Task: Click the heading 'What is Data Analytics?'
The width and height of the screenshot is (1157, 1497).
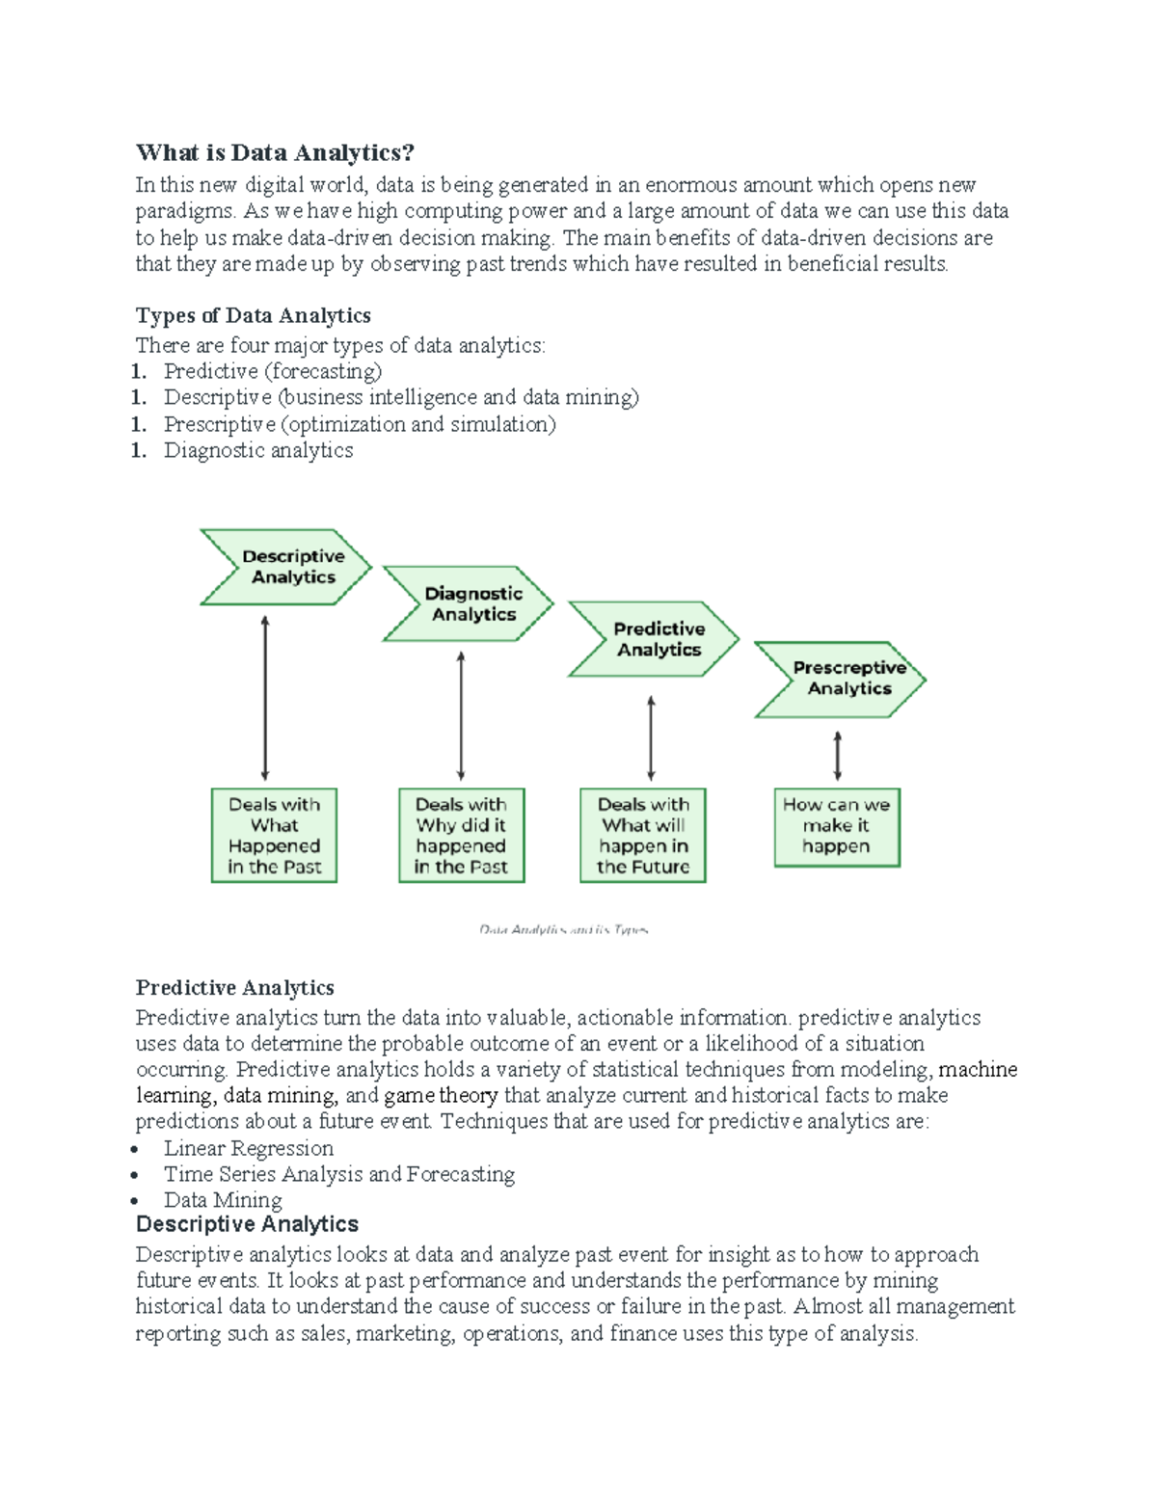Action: coord(275,152)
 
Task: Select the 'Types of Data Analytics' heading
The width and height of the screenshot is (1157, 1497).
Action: coord(253,315)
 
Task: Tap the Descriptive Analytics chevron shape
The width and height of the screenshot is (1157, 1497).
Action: coord(286,567)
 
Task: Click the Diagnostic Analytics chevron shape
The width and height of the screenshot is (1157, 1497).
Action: coord(470,604)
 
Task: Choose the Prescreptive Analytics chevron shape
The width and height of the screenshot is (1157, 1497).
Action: coord(842,679)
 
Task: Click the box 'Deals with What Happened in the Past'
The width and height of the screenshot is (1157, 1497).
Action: coord(274,835)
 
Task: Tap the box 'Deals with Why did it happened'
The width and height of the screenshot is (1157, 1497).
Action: coord(461,835)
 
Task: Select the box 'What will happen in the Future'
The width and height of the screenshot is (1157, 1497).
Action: coord(643,835)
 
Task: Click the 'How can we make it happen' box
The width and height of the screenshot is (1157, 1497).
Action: coord(836,826)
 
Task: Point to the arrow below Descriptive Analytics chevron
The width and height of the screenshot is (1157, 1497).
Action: coord(265,698)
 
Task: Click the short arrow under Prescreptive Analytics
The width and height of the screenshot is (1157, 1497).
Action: coord(837,755)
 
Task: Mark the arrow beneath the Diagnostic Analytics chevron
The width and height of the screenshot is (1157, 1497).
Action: coord(461,715)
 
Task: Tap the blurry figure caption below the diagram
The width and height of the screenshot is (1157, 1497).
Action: coord(564,930)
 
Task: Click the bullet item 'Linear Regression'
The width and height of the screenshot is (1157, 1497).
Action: coord(248,1148)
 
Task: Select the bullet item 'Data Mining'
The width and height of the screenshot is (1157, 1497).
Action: coord(223,1200)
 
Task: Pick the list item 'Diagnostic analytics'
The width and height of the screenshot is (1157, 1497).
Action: coord(258,450)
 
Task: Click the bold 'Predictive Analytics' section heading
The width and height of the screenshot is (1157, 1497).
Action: coord(234,987)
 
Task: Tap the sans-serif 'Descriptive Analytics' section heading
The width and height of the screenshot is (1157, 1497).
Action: coord(247,1224)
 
